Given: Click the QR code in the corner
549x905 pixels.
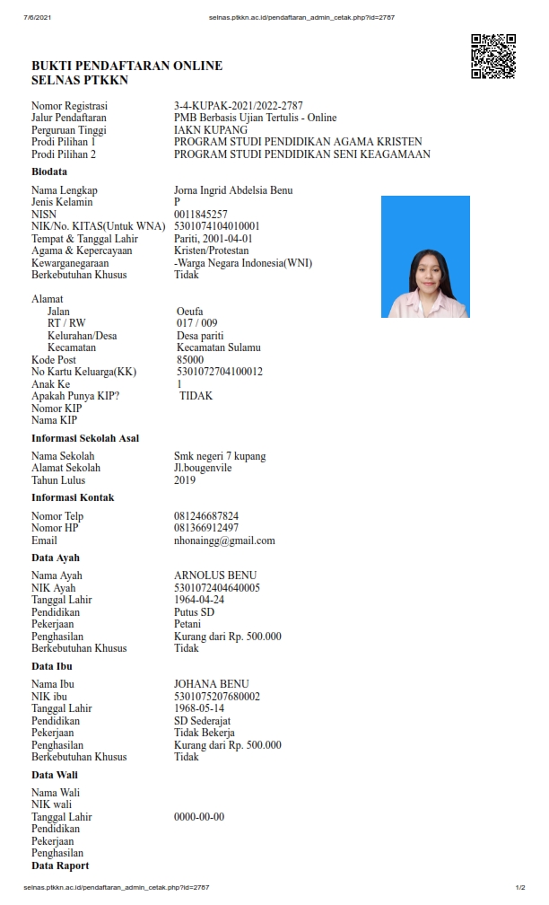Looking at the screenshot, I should click(x=493, y=56).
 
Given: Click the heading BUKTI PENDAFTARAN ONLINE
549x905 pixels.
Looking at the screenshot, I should click(x=126, y=66).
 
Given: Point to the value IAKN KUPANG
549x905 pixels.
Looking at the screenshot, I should click(x=211, y=130).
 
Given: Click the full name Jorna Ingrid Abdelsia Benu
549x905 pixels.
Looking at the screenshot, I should click(x=233, y=190).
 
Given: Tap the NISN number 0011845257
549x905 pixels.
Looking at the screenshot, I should click(x=201, y=215).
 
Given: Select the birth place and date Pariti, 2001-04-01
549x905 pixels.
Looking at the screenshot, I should click(x=213, y=239).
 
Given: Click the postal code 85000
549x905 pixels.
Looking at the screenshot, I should click(x=190, y=360).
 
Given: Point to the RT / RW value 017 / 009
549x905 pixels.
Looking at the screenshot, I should click(x=196, y=323).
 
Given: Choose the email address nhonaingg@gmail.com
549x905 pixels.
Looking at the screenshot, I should click(x=224, y=540).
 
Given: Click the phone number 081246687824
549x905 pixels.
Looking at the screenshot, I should click(x=206, y=516).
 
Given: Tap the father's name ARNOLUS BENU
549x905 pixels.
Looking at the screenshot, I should click(x=215, y=576).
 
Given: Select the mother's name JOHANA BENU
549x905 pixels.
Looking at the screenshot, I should click(x=212, y=684).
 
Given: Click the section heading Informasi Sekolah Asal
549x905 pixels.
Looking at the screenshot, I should click(x=85, y=438).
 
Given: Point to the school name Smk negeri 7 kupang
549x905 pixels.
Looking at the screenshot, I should click(x=220, y=456).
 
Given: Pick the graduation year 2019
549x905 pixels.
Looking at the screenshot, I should click(x=185, y=480).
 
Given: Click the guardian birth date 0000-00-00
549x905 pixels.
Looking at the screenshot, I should click(x=199, y=817).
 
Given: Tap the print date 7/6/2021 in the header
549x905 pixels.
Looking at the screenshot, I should click(x=37, y=17).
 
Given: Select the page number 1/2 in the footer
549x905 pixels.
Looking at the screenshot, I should click(x=520, y=887).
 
